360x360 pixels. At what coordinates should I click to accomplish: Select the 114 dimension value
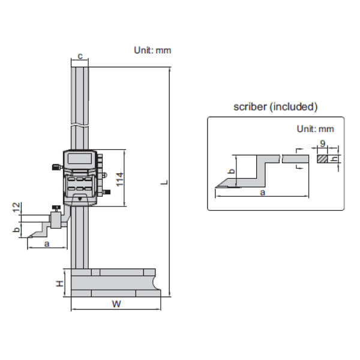120,178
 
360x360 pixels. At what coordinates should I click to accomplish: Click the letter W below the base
116,304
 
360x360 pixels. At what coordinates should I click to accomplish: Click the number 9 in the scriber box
322,144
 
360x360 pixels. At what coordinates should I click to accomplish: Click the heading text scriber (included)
275,107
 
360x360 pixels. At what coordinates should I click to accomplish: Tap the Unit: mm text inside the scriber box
315,128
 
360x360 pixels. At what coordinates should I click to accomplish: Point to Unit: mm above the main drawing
152,50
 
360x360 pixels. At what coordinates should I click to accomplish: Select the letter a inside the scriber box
262,193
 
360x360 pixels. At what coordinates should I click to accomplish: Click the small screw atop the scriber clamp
56,208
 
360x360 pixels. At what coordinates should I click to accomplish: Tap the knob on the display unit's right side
107,192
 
